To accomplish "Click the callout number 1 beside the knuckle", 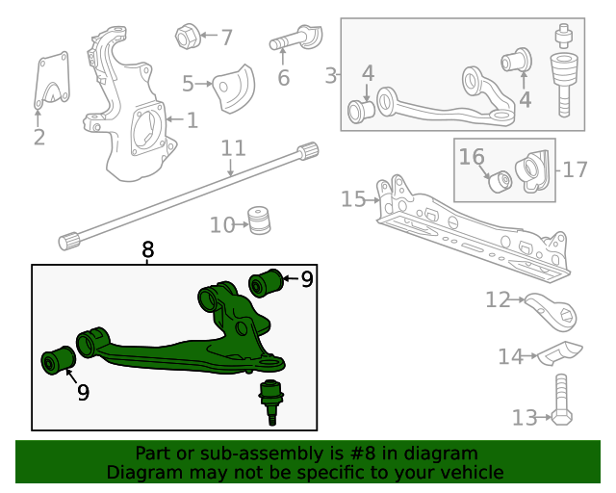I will coord(192,120).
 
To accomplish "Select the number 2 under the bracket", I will coord(38,138).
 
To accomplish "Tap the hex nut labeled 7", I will coord(187,38).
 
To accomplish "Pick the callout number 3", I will coord(331,75).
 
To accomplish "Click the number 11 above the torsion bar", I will coord(234,148).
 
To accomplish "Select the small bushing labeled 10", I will coord(257,221).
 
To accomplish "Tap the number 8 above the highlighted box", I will coord(147,250).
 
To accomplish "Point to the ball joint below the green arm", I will coord(272,399).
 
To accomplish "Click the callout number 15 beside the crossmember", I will coord(353,199).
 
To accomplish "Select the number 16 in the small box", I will coord(472,156).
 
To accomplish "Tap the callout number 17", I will coord(575,170).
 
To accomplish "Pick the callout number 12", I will coord(497,300).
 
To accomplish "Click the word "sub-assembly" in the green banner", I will coord(263,454).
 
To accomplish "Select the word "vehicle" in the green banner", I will coord(471,472).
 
